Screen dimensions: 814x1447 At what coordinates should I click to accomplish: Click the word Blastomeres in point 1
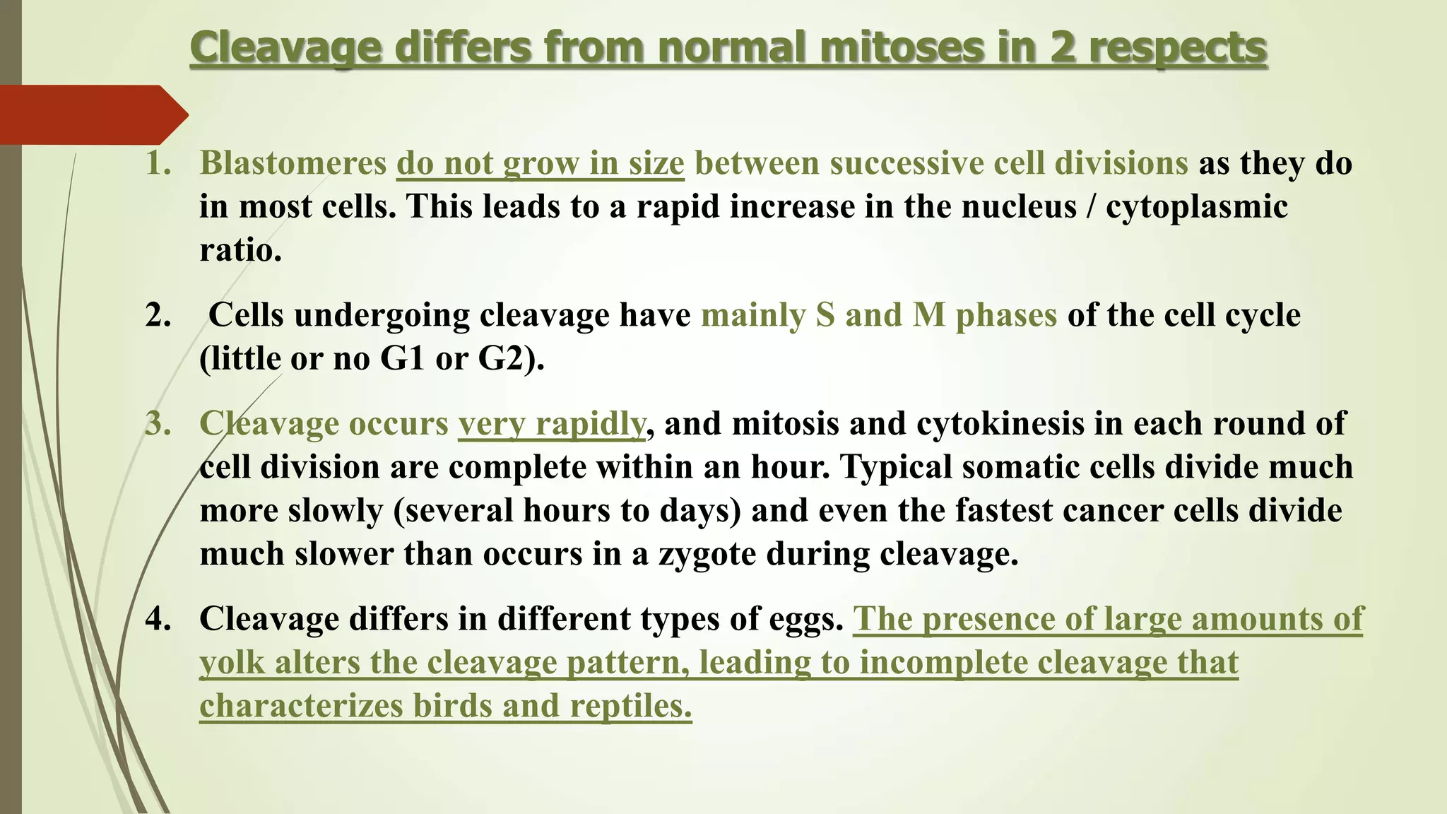coord(293,164)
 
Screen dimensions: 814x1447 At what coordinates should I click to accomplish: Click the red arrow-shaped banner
coord(92,114)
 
